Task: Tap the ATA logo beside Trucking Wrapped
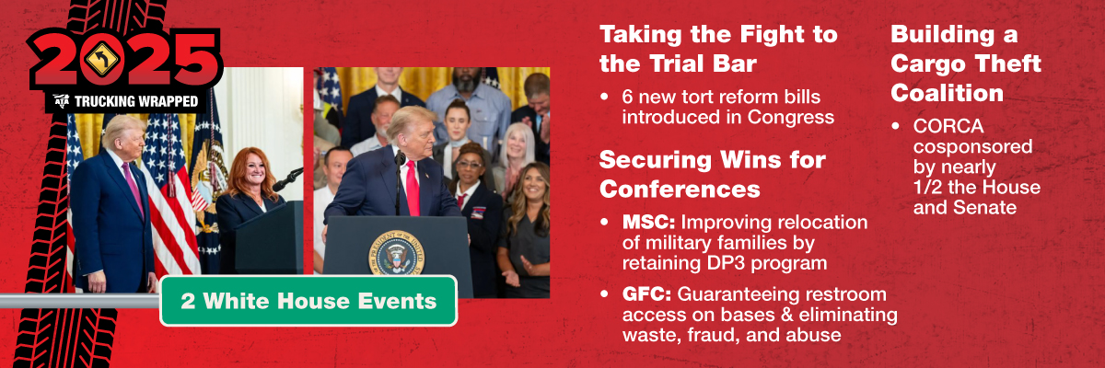[63, 101]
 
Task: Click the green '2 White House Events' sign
[308, 301]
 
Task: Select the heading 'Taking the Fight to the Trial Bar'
[719, 49]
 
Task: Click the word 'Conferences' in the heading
[680, 190]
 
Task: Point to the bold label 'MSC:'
[648, 222]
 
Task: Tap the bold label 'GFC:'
[646, 294]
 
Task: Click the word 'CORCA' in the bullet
[948, 126]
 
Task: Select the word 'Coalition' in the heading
[947, 93]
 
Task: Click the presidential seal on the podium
[396, 253]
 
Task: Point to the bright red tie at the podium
[413, 189]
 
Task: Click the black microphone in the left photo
[287, 179]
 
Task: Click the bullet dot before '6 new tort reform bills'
[604, 97]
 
